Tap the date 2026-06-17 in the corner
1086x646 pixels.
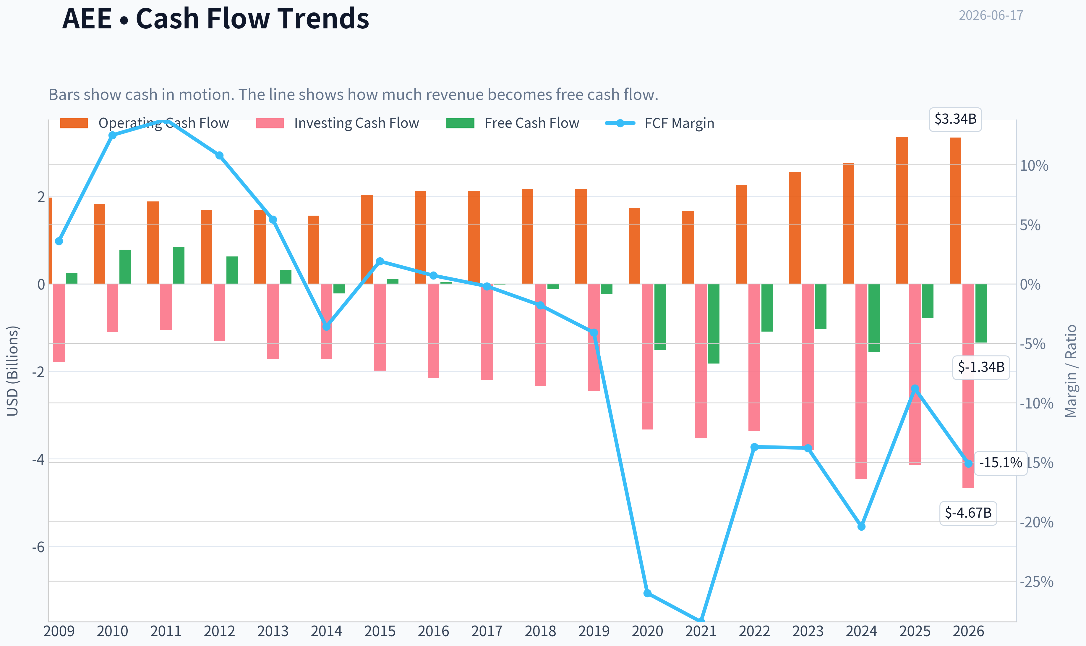991,15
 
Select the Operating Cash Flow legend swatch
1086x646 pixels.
74,123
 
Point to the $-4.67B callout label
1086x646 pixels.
968,513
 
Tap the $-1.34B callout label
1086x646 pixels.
981,367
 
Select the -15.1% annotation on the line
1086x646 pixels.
1000,463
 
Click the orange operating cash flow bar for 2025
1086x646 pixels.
902,211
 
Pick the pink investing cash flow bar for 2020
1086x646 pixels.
648,357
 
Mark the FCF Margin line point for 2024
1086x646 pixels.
862,527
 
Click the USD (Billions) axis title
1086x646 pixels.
13,371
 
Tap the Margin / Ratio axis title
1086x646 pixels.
1071,371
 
